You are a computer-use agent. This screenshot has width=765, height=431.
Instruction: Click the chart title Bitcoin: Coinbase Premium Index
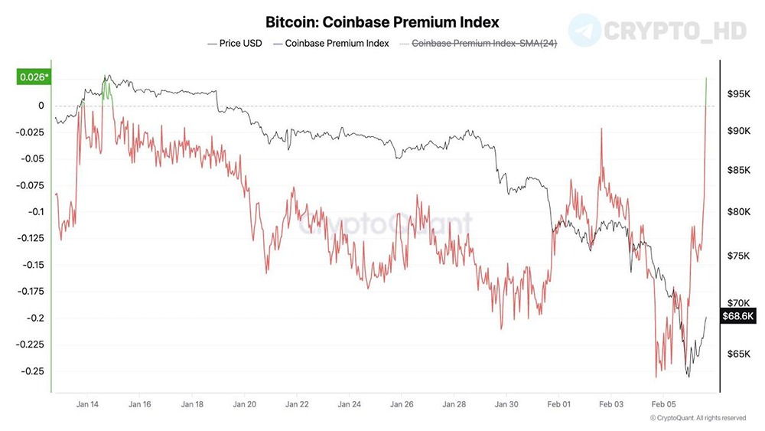point(382,22)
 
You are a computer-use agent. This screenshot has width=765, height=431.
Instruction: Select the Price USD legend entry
point(235,44)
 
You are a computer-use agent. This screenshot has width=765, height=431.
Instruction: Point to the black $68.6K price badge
point(737,315)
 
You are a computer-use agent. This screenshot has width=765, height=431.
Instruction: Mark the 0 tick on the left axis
point(41,106)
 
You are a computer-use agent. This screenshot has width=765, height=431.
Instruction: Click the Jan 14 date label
point(87,403)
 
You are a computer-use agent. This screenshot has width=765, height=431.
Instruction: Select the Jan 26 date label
point(402,403)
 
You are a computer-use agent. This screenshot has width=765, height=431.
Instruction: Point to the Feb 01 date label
point(559,403)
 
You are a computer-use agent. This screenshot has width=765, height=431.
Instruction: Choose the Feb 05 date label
point(663,403)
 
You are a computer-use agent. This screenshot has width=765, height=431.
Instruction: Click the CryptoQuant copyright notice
point(697,418)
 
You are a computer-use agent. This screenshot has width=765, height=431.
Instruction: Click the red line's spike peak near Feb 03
point(602,129)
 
